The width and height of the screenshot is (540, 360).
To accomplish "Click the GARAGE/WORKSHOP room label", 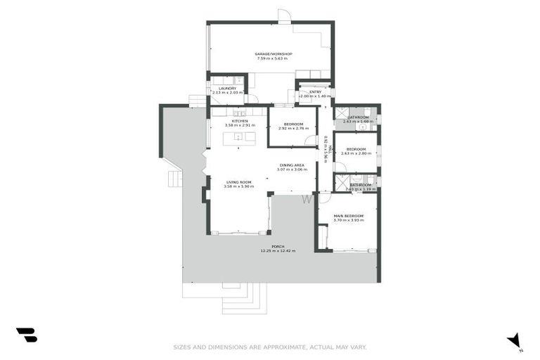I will (274, 54).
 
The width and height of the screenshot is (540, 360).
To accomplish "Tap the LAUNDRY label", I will (226, 88).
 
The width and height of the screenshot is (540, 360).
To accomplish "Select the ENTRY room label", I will (309, 91).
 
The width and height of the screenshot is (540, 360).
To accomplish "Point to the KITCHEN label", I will (239, 121).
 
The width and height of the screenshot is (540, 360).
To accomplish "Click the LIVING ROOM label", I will (238, 182).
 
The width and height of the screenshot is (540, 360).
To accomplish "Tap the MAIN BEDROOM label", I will (348, 216).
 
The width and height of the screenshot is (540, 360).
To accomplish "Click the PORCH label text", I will (278, 246).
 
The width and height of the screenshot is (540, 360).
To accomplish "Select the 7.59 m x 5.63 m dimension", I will (274, 59).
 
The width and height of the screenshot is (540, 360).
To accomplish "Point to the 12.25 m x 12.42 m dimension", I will (278, 251).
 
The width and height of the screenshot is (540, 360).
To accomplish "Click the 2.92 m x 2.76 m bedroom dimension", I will (294, 129).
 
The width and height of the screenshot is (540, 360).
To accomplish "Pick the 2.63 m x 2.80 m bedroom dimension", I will (355, 153).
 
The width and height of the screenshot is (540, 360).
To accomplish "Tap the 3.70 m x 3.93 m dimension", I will (348, 221).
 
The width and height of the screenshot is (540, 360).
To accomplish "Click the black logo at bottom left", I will (26, 335).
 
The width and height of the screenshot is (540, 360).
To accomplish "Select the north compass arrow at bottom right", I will (514, 340).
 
